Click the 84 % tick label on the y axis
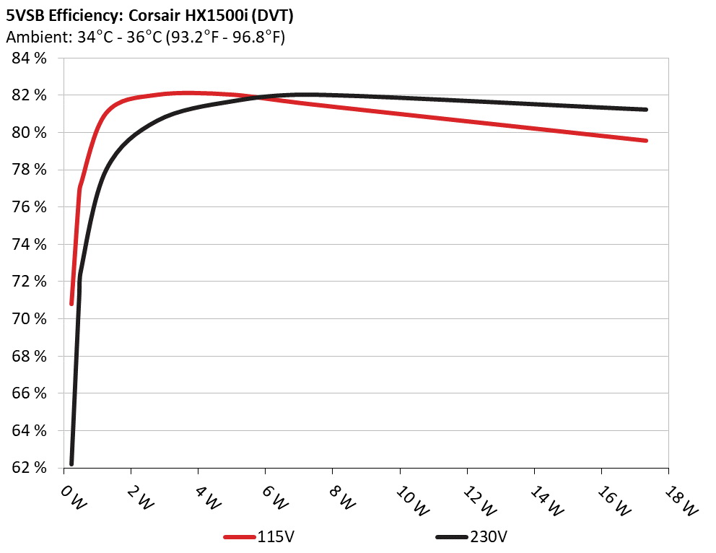tap(29, 58)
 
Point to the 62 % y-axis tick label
tap(29, 468)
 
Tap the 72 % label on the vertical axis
tap(29, 282)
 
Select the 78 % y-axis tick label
tap(29, 170)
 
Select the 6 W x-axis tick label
tap(279, 497)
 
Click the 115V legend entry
tap(275, 537)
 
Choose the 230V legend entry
tap(489, 537)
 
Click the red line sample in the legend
tap(239, 537)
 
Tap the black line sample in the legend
tap(453, 537)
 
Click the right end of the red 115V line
tap(646, 140)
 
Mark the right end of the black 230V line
tap(646, 110)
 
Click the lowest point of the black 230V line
tap(71, 463)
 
